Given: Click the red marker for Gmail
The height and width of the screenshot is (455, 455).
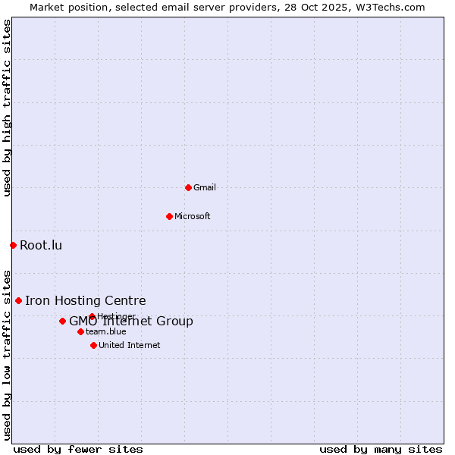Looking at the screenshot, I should coord(188,187).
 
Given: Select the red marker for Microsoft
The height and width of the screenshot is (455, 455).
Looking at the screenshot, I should coord(170,216).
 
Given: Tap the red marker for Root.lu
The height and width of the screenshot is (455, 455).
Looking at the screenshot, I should coord(13,245).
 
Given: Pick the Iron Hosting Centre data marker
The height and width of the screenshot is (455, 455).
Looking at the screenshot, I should coord(18,300).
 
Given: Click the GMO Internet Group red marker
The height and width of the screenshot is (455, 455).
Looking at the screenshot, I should coord(62,321).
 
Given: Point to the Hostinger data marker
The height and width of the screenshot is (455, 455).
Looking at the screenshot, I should coord(92,316).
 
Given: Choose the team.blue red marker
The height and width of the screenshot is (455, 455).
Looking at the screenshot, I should coord(80,331).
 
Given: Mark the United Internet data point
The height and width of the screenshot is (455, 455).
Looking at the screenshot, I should coord(93,345).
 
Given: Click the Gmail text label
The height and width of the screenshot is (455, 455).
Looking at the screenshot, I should coord(205,187).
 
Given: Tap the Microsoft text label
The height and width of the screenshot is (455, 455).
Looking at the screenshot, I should coord(193,216).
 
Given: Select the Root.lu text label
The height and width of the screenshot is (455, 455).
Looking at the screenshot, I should coord(41,245).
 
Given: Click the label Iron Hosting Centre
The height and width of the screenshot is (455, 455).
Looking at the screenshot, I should coord(85,300).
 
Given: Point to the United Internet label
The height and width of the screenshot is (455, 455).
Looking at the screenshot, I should coord(130,345).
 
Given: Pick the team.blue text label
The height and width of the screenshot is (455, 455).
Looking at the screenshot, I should coord(106,331).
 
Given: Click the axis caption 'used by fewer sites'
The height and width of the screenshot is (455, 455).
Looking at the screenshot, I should coord(78,449).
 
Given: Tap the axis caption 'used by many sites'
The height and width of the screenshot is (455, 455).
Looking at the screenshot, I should coord(381,449).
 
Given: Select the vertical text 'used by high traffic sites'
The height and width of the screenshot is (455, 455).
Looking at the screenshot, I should coord(7,108).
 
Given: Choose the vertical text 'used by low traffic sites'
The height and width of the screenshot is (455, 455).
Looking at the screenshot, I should coord(7,354).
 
